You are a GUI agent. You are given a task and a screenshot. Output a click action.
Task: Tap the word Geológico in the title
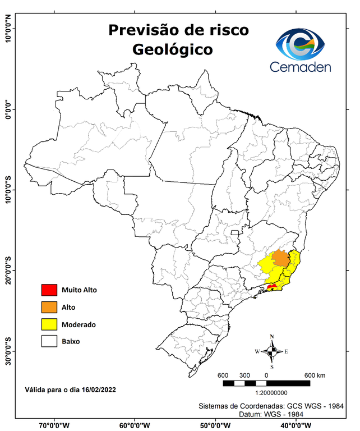(172, 49)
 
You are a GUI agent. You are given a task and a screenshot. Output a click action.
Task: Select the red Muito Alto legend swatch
(49, 290)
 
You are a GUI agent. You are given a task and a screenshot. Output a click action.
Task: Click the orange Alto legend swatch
(49, 307)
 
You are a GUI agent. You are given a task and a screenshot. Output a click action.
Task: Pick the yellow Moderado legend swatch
(49, 324)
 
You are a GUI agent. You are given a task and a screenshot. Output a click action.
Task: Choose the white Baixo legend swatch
(49, 341)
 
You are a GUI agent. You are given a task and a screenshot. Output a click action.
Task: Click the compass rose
(272, 351)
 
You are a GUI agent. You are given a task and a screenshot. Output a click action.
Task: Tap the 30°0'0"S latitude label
(8, 351)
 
